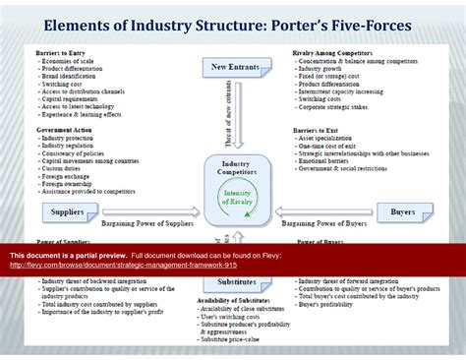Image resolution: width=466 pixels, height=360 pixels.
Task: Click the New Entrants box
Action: [x=232, y=67]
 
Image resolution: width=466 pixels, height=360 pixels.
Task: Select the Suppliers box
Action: [x=67, y=211]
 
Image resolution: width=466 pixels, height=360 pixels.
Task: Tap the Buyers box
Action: [x=403, y=211]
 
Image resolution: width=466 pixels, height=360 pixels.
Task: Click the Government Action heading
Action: [x=66, y=130]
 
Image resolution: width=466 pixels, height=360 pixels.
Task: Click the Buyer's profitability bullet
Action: [x=329, y=304]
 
